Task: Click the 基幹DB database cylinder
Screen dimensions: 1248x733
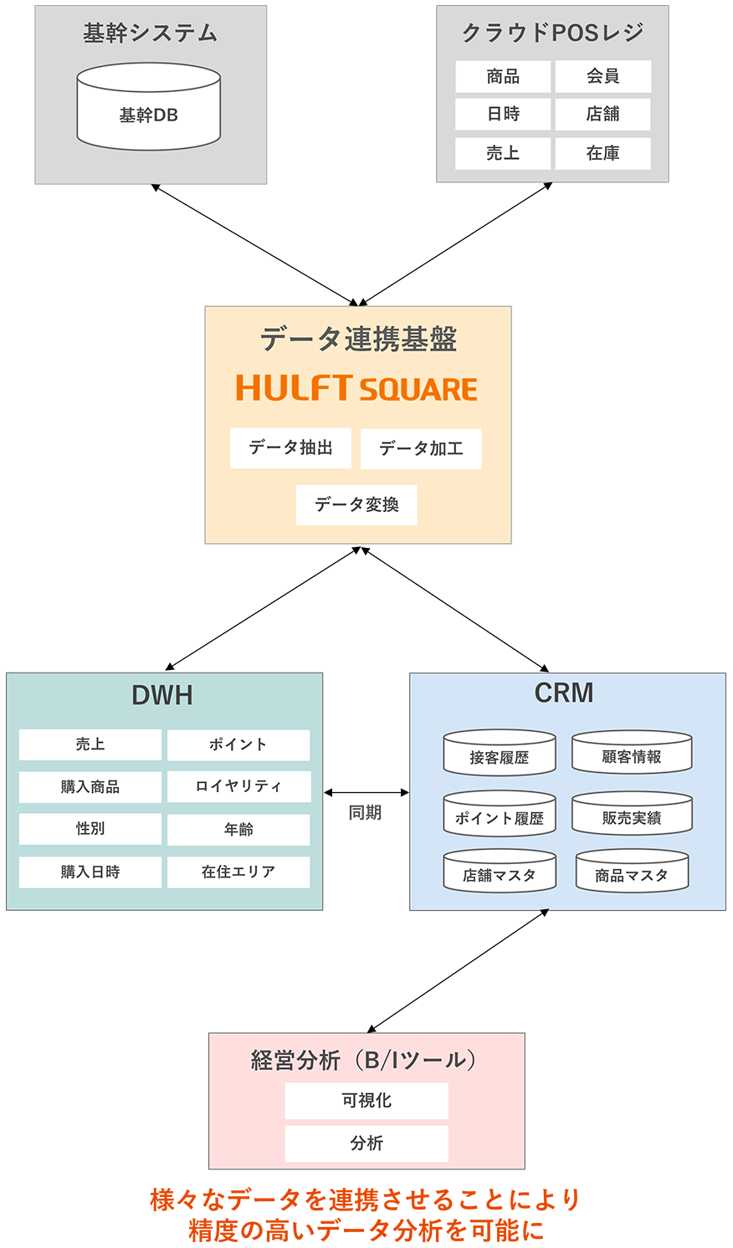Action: [x=149, y=109]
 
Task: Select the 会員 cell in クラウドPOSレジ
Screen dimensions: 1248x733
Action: [x=602, y=76]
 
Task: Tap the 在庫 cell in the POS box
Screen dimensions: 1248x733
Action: [x=602, y=153]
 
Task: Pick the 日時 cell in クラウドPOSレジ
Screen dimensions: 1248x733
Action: [x=503, y=114]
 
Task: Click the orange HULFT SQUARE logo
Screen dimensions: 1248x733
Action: [x=356, y=388]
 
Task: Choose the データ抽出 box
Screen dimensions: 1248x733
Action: [x=290, y=448]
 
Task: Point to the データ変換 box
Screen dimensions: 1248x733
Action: [x=356, y=505]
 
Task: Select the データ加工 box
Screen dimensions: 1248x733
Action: [x=421, y=449]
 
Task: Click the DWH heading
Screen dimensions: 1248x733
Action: [x=162, y=695]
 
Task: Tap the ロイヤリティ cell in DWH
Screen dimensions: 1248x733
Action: [x=238, y=786]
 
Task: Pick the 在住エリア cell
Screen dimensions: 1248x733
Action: [x=238, y=872]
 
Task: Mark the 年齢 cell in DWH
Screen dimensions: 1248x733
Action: [x=238, y=829]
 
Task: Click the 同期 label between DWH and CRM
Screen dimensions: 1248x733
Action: [x=365, y=812]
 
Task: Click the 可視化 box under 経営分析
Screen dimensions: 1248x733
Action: [x=366, y=1101]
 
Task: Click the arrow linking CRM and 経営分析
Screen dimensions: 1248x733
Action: [x=459, y=971]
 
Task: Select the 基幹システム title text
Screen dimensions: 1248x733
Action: [x=151, y=33]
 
